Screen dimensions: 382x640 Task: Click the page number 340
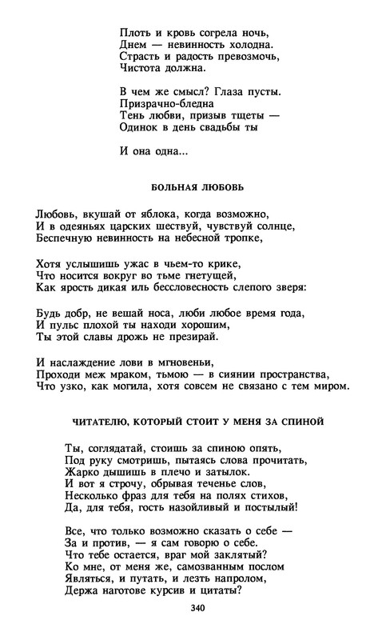point(198,609)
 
